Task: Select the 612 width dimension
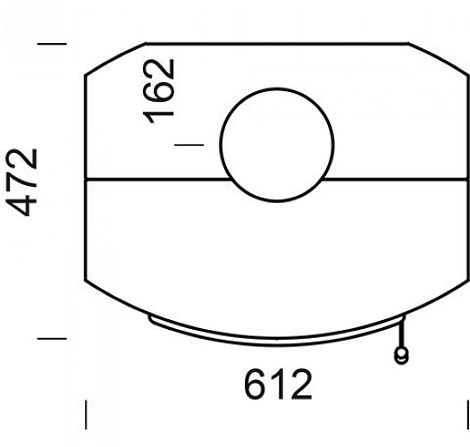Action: (x=278, y=384)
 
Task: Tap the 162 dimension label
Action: (x=160, y=90)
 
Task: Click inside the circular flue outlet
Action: (x=277, y=144)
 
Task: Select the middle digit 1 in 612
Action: (x=278, y=384)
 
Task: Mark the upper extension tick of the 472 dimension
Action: (x=52, y=43)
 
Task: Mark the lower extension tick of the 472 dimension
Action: (x=52, y=338)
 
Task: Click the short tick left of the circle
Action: (x=189, y=143)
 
